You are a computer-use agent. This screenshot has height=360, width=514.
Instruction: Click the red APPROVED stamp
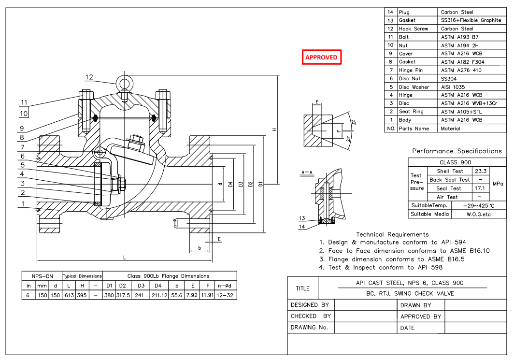click(x=321, y=57)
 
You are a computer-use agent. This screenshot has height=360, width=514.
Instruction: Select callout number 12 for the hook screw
click(x=89, y=77)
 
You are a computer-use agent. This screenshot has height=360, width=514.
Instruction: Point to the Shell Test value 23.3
click(x=480, y=171)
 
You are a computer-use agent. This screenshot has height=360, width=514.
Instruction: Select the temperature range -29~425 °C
click(x=478, y=206)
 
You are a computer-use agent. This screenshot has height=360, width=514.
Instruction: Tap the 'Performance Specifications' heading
click(x=457, y=151)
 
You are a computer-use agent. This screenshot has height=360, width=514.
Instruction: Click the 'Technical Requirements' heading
click(x=392, y=234)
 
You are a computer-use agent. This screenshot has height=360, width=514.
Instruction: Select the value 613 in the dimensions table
click(x=69, y=295)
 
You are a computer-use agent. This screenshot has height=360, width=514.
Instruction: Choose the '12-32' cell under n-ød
click(x=226, y=295)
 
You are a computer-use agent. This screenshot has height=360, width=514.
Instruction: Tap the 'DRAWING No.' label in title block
click(x=309, y=328)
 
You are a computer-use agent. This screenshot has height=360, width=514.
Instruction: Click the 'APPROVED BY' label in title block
click(x=421, y=317)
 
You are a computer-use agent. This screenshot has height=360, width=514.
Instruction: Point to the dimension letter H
click(x=274, y=130)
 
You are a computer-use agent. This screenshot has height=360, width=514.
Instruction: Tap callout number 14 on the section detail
click(x=302, y=226)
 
